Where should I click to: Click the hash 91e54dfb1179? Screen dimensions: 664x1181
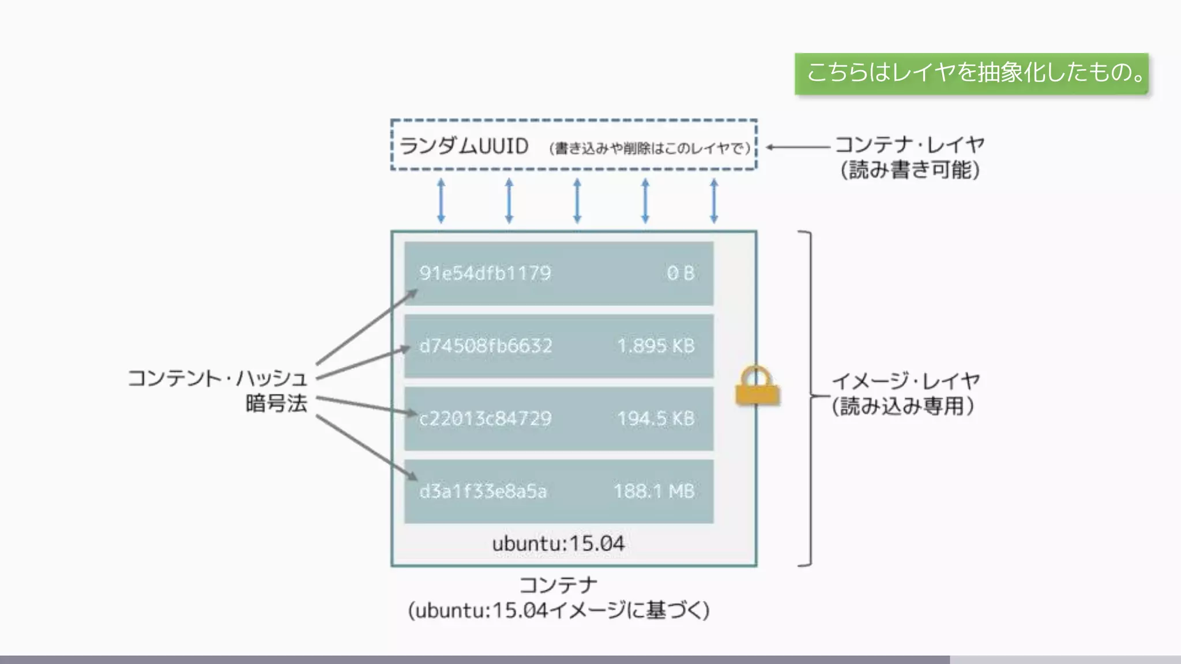[485, 273]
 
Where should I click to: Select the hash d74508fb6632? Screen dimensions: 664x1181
[486, 346]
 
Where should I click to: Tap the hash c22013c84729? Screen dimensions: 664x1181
[485, 418]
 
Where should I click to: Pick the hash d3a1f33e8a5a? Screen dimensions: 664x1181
[483, 491]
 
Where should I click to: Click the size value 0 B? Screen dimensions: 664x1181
[680, 273]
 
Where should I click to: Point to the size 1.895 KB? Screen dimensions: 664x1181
[656, 346]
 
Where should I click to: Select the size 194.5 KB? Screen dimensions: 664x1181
[656, 418]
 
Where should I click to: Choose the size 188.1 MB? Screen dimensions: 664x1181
[653, 491]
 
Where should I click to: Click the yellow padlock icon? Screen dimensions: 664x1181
[757, 386]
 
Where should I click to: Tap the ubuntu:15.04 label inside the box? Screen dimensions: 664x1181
[558, 544]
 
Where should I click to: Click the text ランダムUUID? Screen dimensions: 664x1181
[464, 146]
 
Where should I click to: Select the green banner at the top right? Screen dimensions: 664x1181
[972, 73]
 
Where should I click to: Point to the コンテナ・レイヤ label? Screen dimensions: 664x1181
[909, 144]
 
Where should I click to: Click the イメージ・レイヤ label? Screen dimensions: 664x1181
[905, 381]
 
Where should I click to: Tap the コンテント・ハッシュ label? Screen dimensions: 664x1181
[217, 379]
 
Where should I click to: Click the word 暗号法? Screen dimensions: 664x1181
[276, 403]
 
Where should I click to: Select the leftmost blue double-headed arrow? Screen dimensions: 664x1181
[441, 201]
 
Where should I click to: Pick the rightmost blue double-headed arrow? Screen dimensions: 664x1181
[714, 201]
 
